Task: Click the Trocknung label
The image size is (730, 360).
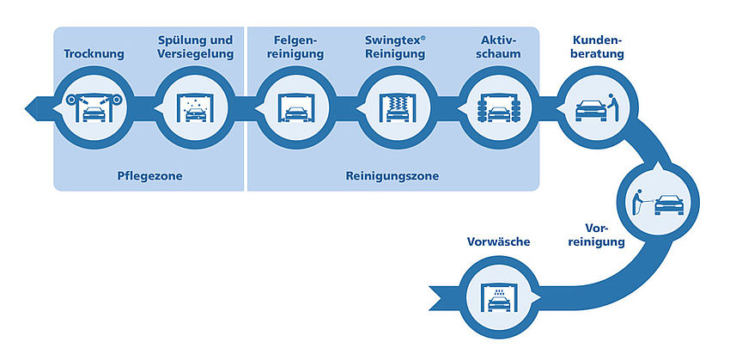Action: [94, 54]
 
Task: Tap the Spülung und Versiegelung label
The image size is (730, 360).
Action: [195, 47]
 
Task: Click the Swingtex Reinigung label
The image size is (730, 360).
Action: [395, 47]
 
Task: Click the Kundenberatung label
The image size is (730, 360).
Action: [598, 47]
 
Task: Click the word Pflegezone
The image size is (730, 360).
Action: [149, 176]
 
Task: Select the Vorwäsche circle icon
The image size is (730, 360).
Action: [499, 297]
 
